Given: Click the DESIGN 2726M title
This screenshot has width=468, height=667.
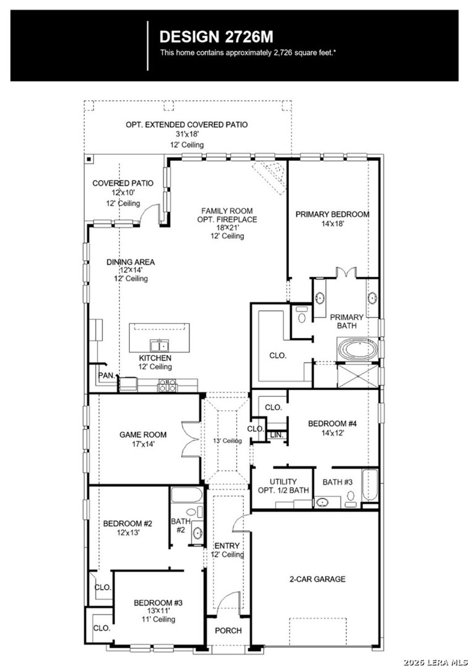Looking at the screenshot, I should [216, 37].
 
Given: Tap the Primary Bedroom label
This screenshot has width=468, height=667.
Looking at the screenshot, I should [332, 214].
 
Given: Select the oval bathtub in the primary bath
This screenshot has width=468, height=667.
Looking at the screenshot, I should [358, 349].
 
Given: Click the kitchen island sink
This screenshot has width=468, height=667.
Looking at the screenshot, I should [159, 345].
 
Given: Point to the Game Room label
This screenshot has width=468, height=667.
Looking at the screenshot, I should [143, 434].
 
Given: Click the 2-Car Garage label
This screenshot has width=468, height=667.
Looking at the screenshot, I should [317, 579].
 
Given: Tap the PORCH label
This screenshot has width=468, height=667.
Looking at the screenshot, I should [228, 630].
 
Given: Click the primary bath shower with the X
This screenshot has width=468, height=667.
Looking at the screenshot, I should [357, 375].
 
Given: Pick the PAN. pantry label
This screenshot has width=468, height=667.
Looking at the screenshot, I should [106, 375].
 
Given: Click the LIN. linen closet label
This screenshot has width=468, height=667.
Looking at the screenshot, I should [276, 434].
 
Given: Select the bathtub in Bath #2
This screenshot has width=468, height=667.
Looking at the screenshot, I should [186, 495].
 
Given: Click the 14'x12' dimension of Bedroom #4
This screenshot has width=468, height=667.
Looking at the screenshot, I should [332, 432].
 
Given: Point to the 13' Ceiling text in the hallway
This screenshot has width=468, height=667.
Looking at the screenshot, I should [227, 440].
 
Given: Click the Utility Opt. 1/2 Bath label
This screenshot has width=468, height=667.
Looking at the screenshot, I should [283, 486].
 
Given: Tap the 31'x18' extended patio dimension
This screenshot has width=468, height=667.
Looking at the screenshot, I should [187, 134].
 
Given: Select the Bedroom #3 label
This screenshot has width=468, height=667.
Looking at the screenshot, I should [158, 603].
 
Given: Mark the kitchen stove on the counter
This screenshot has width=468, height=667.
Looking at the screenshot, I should [167, 385].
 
